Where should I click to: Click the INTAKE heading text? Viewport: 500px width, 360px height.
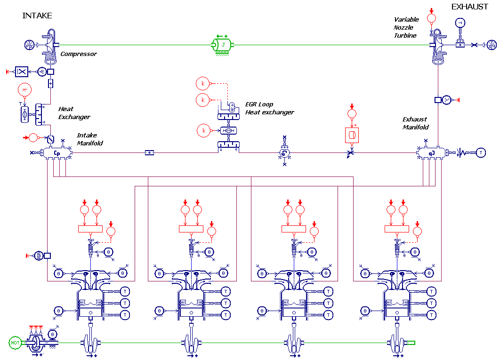pos(37,16)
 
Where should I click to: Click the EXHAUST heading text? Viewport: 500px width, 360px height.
pos(469,7)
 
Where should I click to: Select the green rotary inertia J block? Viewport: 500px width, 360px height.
pos(223,45)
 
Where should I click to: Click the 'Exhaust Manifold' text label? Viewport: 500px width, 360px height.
pos(415,123)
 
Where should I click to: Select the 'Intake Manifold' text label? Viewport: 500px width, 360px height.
pos(89,139)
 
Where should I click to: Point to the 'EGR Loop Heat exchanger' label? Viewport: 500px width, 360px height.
pos(269,108)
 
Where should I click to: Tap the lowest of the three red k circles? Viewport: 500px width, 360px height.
pos(204,130)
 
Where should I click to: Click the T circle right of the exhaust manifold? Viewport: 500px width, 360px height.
pos(480,152)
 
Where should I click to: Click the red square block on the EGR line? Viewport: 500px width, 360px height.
pos(351,135)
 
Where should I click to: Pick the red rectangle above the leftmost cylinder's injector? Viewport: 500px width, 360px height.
pos(90,229)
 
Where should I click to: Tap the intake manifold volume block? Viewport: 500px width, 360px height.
pos(57,152)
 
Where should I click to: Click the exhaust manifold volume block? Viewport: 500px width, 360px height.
pos(431,152)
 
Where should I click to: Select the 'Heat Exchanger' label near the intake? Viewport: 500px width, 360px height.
pos(74,113)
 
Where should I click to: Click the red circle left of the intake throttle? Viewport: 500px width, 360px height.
pos(33,137)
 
